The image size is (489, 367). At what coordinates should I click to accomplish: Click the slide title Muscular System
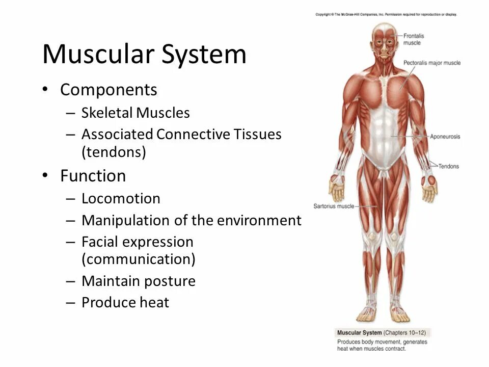pyautogui.click(x=144, y=54)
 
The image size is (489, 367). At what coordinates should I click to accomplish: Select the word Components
pyautogui.click(x=108, y=90)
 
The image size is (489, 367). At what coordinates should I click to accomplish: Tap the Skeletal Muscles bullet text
pyautogui.click(x=135, y=113)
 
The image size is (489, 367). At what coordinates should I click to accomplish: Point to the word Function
pyautogui.click(x=93, y=176)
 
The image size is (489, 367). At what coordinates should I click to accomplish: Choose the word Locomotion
pyautogui.click(x=121, y=198)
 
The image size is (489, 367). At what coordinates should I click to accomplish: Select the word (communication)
pyautogui.click(x=139, y=259)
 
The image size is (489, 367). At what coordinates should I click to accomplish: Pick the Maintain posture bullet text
pyautogui.click(x=139, y=281)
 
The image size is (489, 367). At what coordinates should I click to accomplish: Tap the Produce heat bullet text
pyautogui.click(x=125, y=303)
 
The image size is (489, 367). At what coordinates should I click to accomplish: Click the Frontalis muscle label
pyautogui.click(x=414, y=39)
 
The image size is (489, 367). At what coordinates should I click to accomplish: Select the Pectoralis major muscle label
pyautogui.click(x=432, y=63)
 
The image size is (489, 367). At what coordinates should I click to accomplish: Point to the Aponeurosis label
pyautogui.click(x=445, y=137)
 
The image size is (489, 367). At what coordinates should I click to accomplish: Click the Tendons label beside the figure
pyautogui.click(x=448, y=166)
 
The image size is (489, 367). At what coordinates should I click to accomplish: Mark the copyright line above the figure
pyautogui.click(x=386, y=14)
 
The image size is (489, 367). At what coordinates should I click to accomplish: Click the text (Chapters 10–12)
pyautogui.click(x=407, y=332)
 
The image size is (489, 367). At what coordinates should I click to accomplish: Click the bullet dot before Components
pyautogui.click(x=45, y=90)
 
